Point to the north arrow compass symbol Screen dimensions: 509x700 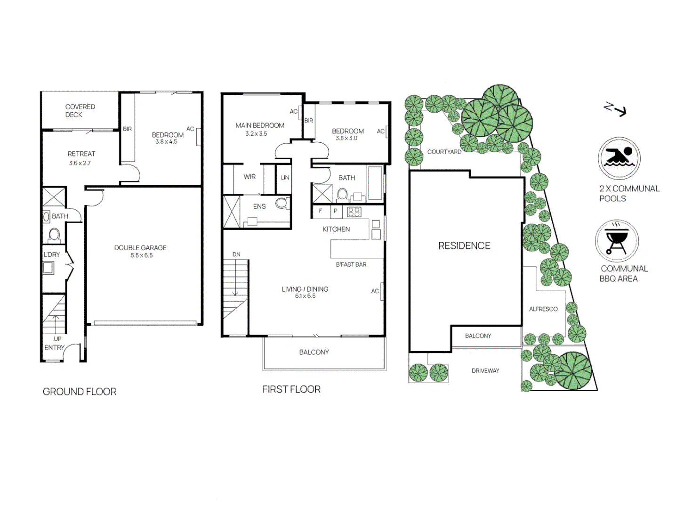click(x=615, y=109)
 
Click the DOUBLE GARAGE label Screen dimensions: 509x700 click(x=140, y=248)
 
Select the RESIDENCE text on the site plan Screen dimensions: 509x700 click(x=464, y=246)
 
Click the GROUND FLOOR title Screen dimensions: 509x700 click(x=79, y=392)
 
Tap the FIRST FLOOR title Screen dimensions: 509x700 click(x=291, y=389)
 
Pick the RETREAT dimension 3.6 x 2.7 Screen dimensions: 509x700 click(x=80, y=163)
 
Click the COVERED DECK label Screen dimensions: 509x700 click(x=80, y=111)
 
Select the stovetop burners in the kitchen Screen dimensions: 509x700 click(x=354, y=212)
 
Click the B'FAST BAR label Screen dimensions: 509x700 click(x=351, y=264)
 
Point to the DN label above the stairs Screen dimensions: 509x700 click(x=236, y=254)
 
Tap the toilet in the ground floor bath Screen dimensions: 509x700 click(x=54, y=234)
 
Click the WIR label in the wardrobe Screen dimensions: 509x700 click(x=249, y=177)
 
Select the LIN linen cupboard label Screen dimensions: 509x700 click(x=285, y=178)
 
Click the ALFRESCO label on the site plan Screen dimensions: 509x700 click(x=543, y=309)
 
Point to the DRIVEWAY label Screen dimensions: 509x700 click(x=485, y=371)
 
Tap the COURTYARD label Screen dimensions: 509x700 click(x=444, y=152)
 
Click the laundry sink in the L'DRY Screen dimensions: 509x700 click(x=48, y=268)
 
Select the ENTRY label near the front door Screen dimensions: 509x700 click(x=54, y=348)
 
